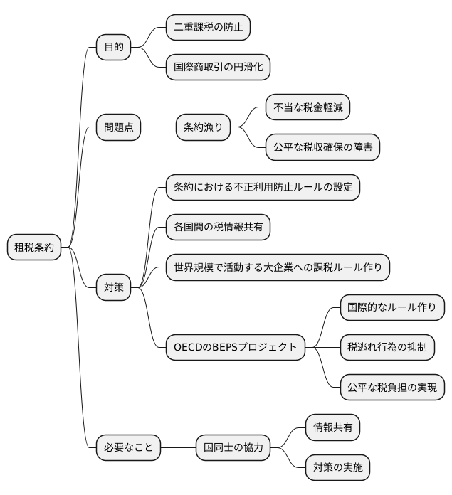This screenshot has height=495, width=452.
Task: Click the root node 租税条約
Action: pyautogui.click(x=34, y=247)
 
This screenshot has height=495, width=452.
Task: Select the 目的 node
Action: pyautogui.click(x=114, y=48)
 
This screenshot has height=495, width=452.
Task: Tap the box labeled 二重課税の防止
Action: pyautogui.click(x=208, y=28)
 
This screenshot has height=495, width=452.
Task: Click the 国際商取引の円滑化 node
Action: pyautogui.click(x=219, y=68)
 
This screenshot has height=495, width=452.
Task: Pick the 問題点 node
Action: pyautogui.click(x=119, y=127)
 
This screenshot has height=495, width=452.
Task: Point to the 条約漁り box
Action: pyautogui.click(x=204, y=127)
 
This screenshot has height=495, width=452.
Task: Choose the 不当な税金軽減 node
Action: pyautogui.click(x=308, y=107)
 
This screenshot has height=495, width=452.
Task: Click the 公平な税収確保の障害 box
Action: pyautogui.click(x=322, y=147)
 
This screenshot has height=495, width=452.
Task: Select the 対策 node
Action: pyautogui.click(x=114, y=287)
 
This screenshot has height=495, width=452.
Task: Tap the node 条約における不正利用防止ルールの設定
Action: pyautogui.click(x=263, y=187)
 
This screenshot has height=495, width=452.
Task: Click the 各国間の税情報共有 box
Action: pyautogui.click(x=218, y=227)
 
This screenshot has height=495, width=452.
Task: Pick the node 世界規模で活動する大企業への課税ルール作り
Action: pyautogui.click(x=278, y=267)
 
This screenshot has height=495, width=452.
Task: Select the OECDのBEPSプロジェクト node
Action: pyautogui.click(x=235, y=347)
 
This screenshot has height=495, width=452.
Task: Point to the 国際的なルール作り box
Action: pyautogui.click(x=392, y=307)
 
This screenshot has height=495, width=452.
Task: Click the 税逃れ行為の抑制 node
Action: pyautogui.click(x=387, y=347)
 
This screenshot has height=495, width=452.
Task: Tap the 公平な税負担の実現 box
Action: pyautogui.click(x=392, y=387)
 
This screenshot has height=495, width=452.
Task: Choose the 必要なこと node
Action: pyautogui.click(x=128, y=448)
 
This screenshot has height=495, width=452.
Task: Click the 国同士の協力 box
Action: pyautogui.click(x=233, y=448)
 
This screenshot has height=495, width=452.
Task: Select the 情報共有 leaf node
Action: pyautogui.click(x=332, y=427)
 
